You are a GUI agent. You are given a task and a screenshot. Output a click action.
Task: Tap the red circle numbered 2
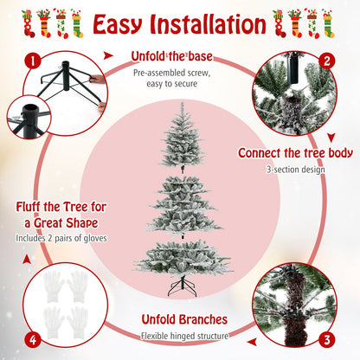(327, 61)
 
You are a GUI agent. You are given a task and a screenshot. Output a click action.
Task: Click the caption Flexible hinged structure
(184, 336)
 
